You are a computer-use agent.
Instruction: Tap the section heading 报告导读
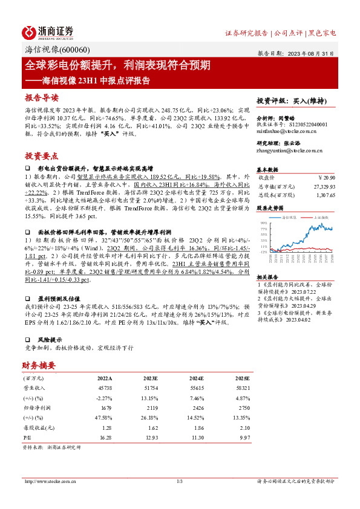(42, 97)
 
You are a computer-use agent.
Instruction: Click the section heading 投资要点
(42, 155)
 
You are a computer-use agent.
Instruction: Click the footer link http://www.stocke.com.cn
(48, 481)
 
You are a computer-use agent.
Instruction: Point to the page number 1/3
(179, 481)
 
